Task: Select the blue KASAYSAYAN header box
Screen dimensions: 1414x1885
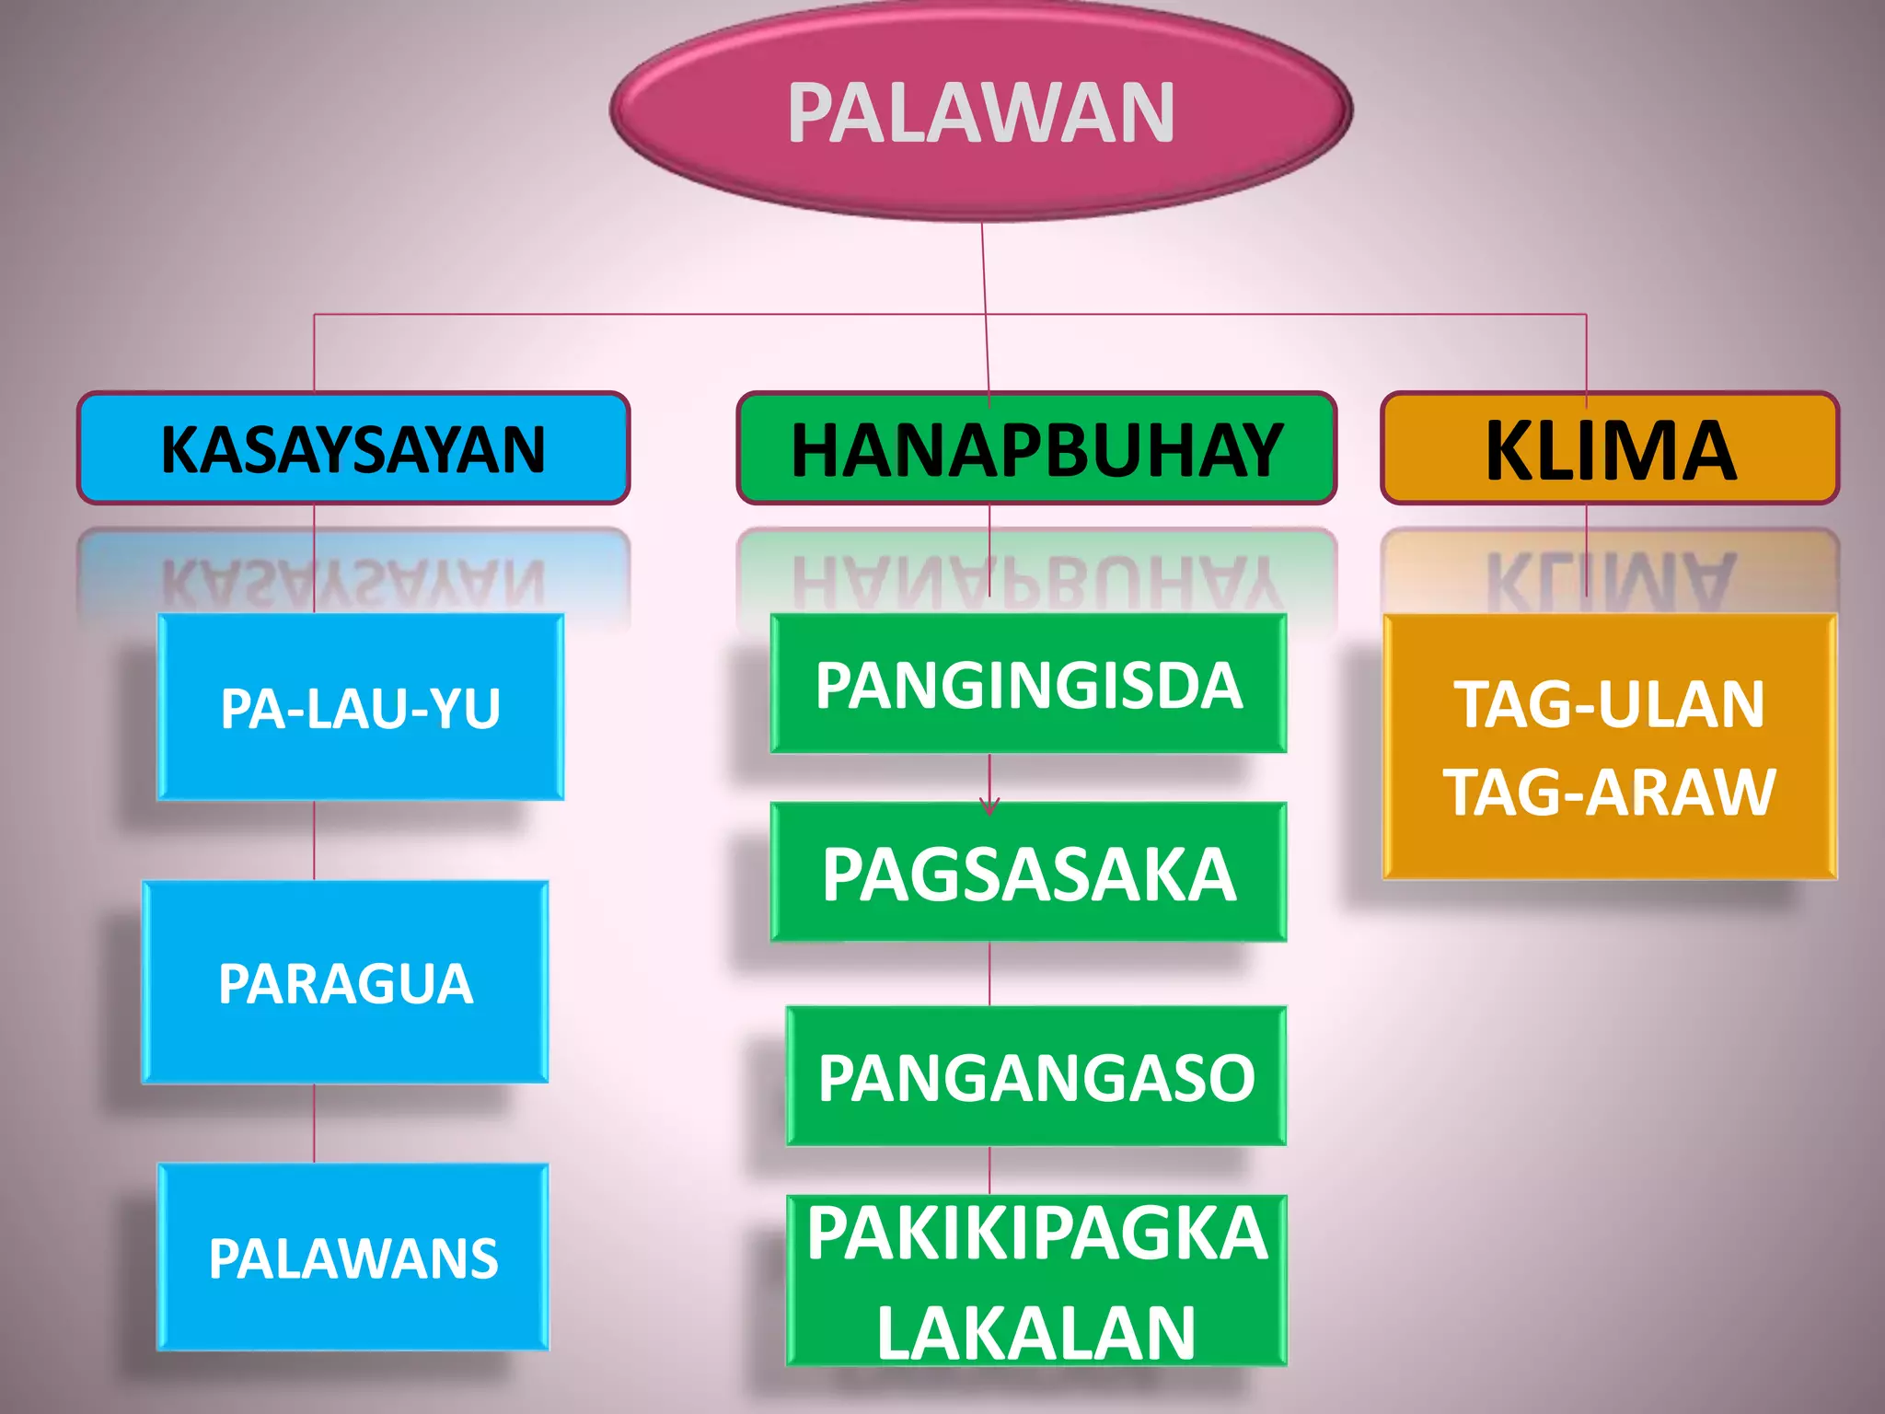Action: pyautogui.click(x=353, y=449)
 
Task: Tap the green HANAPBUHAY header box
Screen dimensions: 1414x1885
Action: pyautogui.click(x=1036, y=449)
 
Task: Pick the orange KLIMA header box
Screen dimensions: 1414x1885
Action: pyautogui.click(x=1610, y=449)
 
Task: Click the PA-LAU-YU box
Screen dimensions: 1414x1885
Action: pyautogui.click(x=360, y=707)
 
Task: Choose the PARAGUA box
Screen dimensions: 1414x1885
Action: pyautogui.click(x=345, y=982)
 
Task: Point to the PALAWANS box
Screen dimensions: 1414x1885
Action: pyautogui.click(x=353, y=1258)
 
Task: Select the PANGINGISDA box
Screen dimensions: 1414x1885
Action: pyautogui.click(x=1028, y=685)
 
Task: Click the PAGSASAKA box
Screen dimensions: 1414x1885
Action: pyautogui.click(x=1028, y=873)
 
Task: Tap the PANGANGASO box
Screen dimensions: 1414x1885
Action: pyautogui.click(x=1035, y=1076)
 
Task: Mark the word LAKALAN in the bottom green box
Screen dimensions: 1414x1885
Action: pyautogui.click(x=1035, y=1332)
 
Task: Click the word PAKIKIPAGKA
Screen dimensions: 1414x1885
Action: pyautogui.click(x=1036, y=1234)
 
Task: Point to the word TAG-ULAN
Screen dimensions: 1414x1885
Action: pyautogui.click(x=1610, y=705)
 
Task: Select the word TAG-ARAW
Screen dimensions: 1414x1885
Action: pyautogui.click(x=1610, y=792)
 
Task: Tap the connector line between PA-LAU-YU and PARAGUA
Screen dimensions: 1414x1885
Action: pyautogui.click(x=315, y=840)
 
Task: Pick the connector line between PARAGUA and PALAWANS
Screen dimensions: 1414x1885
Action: pyautogui.click(x=315, y=1123)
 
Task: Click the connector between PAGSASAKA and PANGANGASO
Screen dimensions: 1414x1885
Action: pyautogui.click(x=989, y=974)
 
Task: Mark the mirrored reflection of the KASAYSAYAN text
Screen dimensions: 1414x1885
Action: pyautogui.click(x=353, y=582)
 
